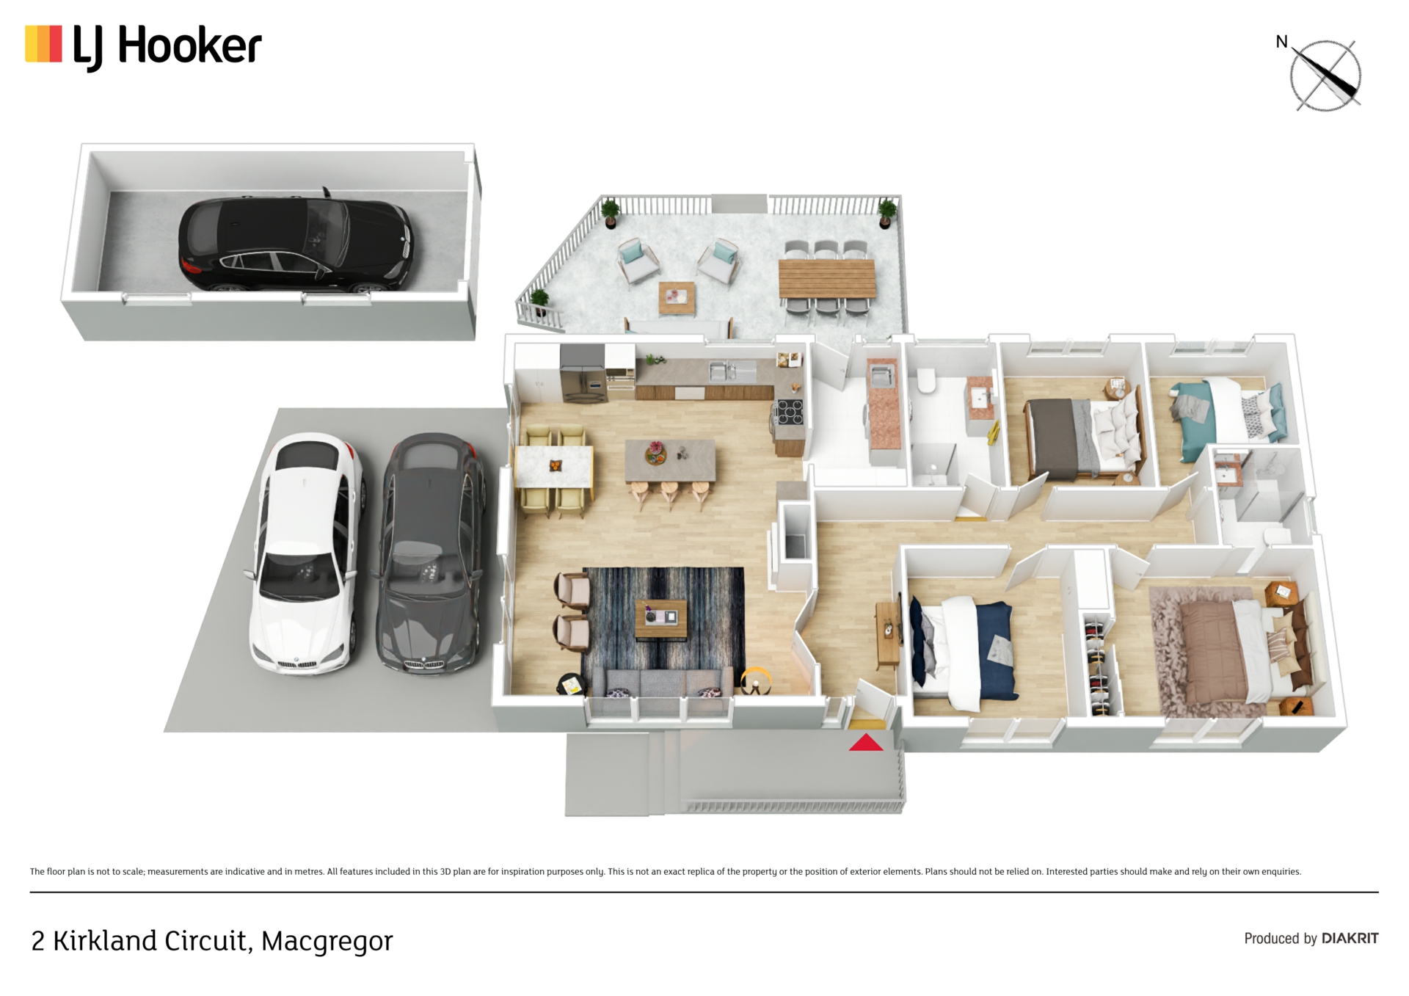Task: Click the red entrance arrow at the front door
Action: (866, 743)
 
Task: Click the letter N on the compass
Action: (1281, 42)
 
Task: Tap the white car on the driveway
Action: (308, 553)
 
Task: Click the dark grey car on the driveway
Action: (431, 553)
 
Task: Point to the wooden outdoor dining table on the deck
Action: (827, 278)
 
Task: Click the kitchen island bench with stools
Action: (670, 461)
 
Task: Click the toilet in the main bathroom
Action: (927, 381)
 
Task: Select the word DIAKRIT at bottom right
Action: (1350, 938)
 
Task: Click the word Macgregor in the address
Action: (327, 942)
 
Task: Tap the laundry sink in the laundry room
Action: (880, 375)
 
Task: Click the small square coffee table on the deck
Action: (677, 297)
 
